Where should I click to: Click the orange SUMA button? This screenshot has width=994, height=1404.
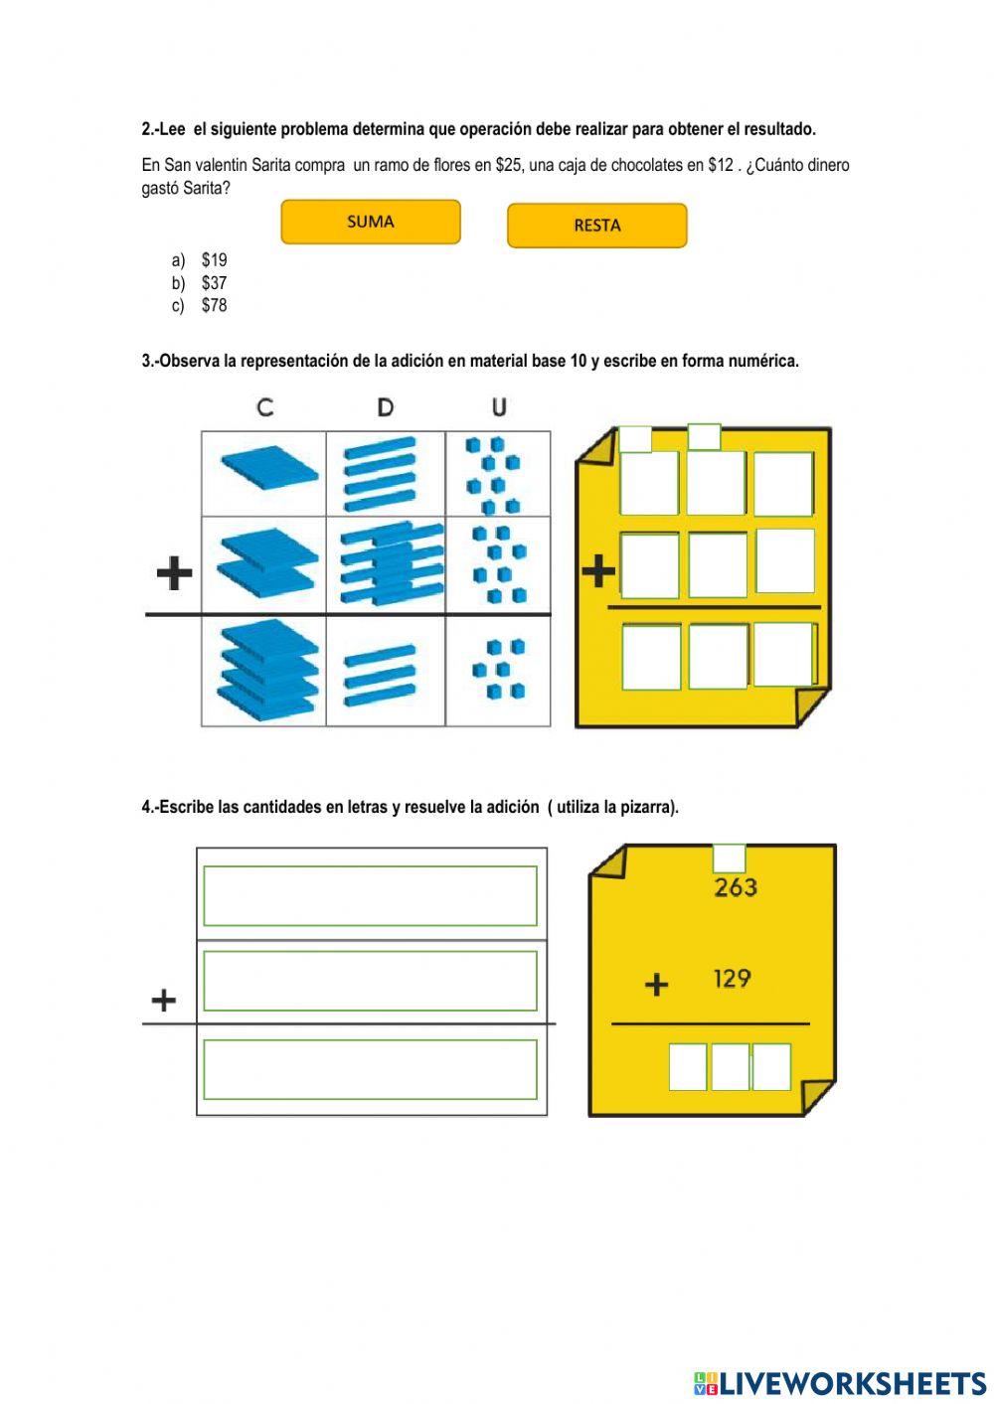(371, 222)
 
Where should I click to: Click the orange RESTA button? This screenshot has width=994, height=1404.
(596, 226)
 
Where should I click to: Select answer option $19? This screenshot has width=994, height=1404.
(214, 260)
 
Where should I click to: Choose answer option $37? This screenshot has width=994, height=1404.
(214, 283)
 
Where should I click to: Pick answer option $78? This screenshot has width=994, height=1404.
(214, 306)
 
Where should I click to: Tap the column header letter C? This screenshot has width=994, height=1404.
(264, 406)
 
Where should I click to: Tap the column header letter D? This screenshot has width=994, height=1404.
(386, 406)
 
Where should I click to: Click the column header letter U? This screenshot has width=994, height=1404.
(499, 406)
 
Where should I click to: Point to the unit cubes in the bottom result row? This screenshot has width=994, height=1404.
(498, 670)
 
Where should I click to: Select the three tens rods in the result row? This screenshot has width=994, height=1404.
(380, 675)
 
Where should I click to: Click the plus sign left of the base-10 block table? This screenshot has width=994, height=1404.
(174, 572)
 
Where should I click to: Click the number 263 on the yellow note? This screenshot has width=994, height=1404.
(736, 887)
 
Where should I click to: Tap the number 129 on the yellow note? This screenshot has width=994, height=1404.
(732, 980)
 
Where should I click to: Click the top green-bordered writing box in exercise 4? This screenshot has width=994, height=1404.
(370, 895)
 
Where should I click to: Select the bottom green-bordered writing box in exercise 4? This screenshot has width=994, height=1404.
(370, 1069)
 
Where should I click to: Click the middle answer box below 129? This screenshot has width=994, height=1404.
(730, 1067)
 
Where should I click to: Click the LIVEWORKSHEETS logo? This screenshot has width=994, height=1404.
(839, 1383)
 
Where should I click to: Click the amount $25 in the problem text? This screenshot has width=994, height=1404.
(508, 165)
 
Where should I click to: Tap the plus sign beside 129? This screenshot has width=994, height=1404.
(656, 985)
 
